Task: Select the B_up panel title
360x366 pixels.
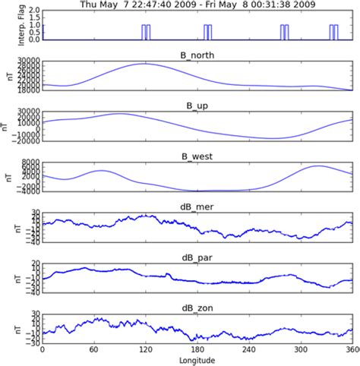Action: [197, 104]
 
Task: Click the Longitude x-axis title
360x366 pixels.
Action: [197, 360]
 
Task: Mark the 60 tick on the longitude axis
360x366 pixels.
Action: [94, 351]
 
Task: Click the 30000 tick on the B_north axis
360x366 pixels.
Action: [27, 61]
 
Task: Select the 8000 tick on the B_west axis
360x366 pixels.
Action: [30, 162]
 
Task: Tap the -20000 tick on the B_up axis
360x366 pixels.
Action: [26, 140]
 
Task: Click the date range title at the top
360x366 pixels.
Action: [197, 5]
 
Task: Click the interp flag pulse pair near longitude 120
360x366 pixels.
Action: [146, 32]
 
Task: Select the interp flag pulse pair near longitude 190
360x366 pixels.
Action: [208, 32]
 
